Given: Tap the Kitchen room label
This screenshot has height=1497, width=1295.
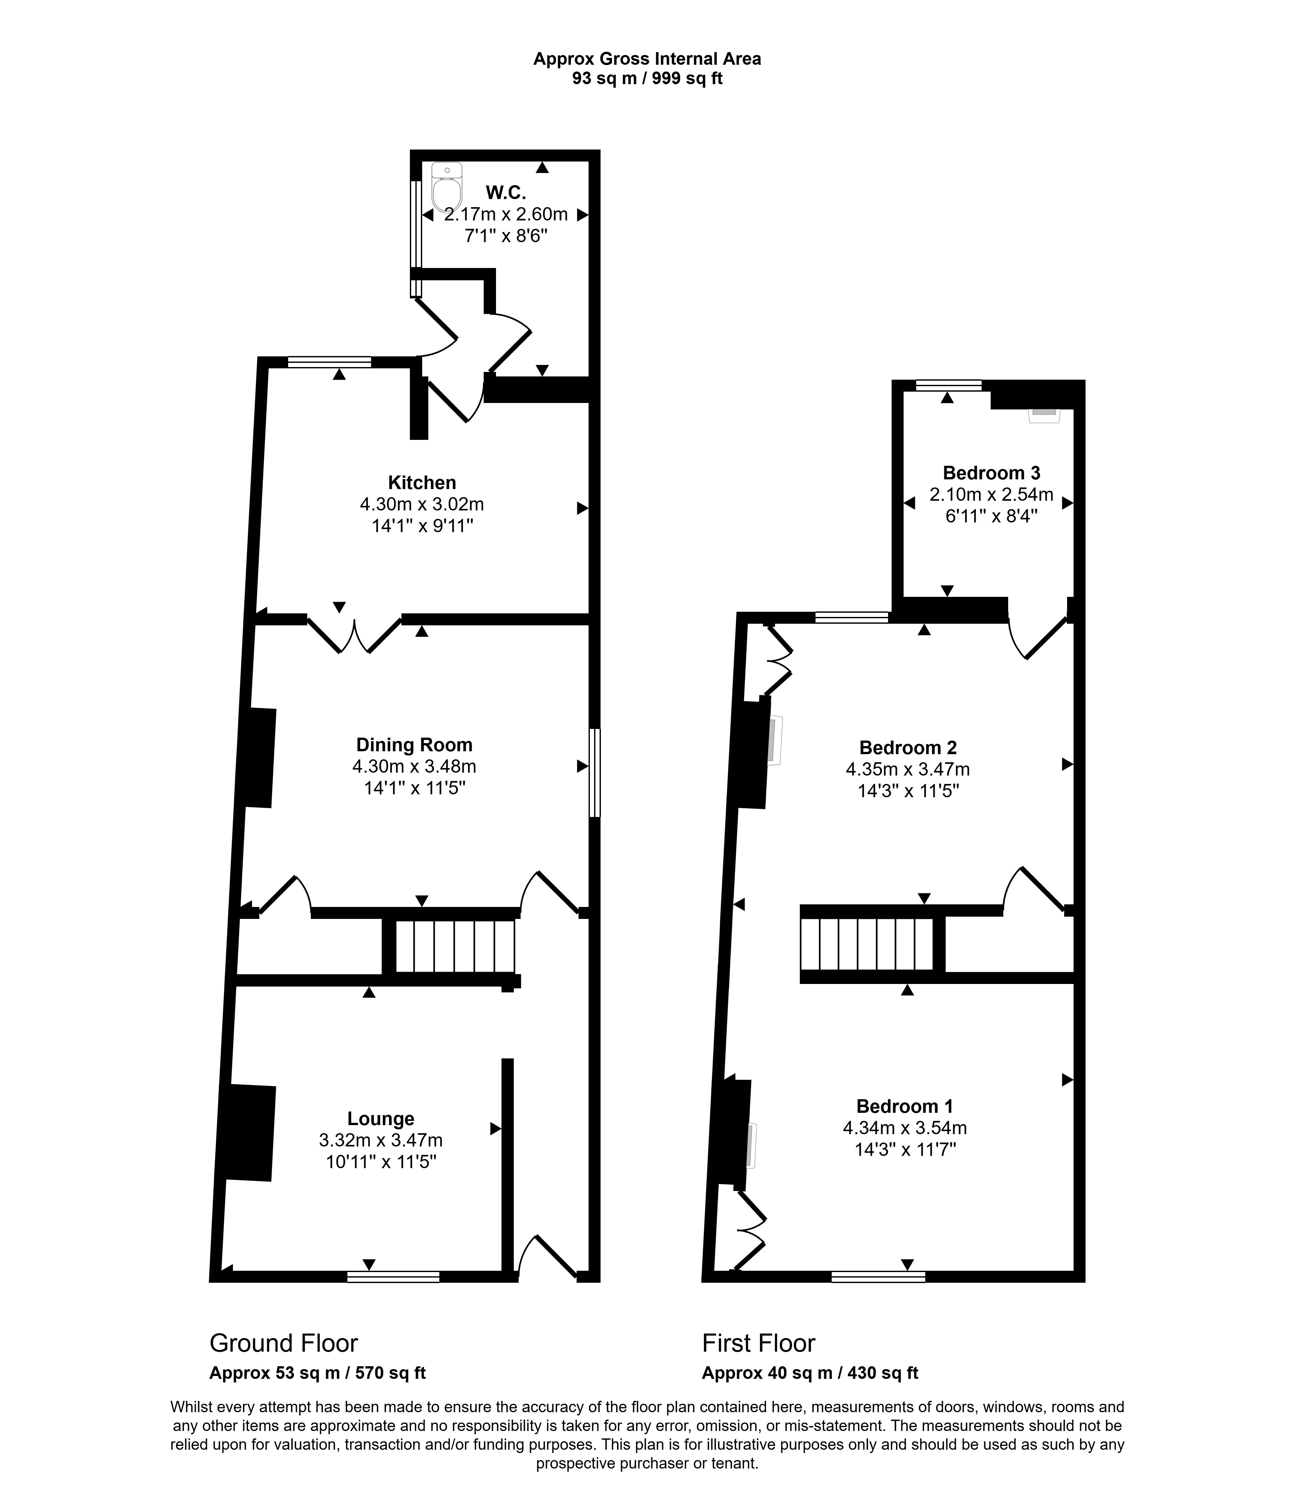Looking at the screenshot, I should coord(422,483).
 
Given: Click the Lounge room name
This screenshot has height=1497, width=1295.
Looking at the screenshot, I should coord(381,1118).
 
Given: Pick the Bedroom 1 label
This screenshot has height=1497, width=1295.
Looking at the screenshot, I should coord(905,1106).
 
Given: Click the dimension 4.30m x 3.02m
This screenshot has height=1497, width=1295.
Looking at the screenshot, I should coord(422,504).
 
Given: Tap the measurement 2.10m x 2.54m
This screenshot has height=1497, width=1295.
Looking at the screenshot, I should coord(991,495).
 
